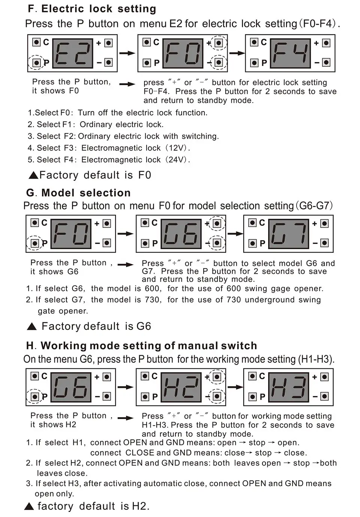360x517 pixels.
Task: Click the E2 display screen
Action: tap(72, 53)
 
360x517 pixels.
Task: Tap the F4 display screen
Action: tap(290, 53)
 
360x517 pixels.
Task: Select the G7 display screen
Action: tap(288, 234)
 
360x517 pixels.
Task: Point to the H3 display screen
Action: tap(288, 387)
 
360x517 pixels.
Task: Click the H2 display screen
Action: tap(181, 387)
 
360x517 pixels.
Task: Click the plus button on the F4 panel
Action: tap(326, 43)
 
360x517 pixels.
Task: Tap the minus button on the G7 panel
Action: tap(324, 243)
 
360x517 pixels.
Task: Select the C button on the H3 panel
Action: tap(252, 376)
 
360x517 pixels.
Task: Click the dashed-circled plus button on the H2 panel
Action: tap(217, 377)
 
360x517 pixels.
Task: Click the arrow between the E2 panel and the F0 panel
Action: tap(127, 53)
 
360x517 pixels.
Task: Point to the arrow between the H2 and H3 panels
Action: tap(235, 387)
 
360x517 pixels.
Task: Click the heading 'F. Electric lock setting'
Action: tap(92, 9)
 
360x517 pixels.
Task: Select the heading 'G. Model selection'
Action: tap(78, 193)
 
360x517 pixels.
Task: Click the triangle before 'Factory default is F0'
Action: tap(33, 175)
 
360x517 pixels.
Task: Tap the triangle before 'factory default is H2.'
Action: tap(29, 506)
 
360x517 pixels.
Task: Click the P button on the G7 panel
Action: tap(253, 243)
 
